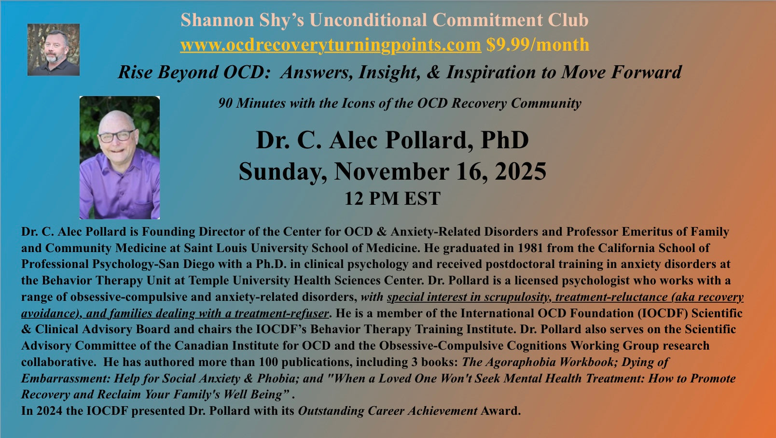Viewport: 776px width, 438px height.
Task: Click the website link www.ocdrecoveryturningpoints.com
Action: point(331,45)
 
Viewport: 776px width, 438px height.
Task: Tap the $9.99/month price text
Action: point(538,45)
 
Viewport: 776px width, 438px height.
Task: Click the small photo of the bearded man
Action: point(54,50)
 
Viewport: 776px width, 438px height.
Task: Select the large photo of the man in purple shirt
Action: point(120,157)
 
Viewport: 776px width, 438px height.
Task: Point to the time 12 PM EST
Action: point(392,198)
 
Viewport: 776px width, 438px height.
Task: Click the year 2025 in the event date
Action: point(520,171)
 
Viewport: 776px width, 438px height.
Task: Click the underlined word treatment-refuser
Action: point(282,313)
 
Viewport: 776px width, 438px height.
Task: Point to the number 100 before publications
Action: point(268,362)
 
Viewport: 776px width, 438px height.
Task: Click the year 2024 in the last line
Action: point(49,411)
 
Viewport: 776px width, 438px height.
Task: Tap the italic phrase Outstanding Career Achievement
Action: point(388,411)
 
